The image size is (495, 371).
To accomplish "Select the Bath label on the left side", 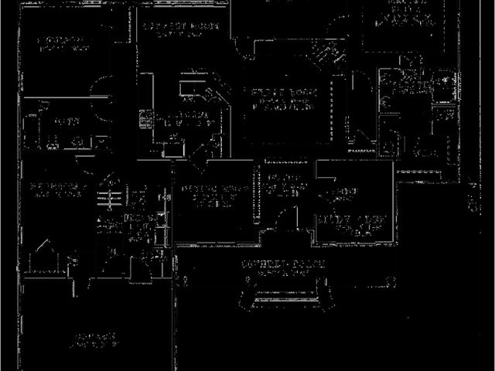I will coord(62,121).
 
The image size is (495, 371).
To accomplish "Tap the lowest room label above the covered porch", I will coord(352,224).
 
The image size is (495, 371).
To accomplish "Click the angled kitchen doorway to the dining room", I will coord(203,155).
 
